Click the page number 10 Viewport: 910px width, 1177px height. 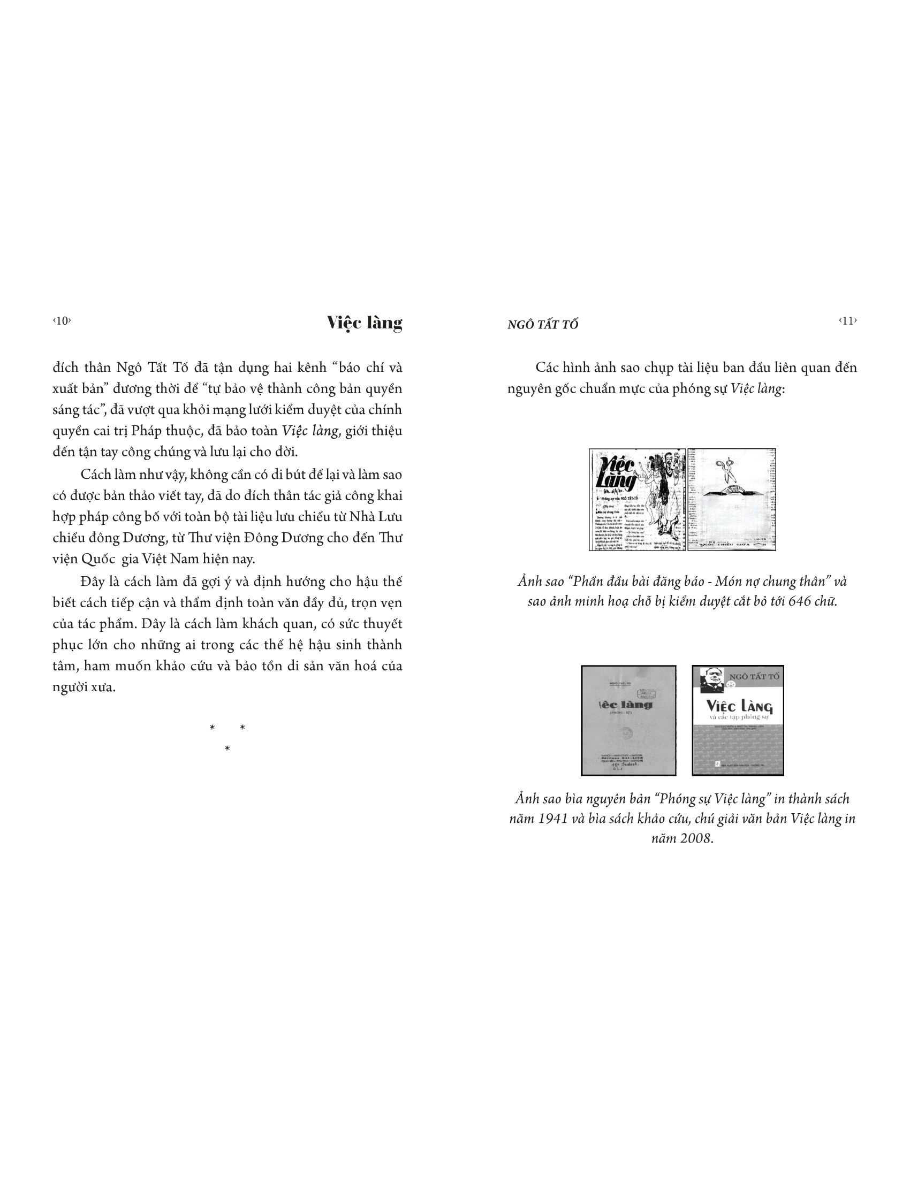62,321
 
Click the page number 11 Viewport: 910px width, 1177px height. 847,321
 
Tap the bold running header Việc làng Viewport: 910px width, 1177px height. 365,323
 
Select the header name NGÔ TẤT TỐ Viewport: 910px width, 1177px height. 543,324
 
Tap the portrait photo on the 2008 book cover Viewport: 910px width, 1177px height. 710,680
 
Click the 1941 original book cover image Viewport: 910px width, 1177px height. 628,721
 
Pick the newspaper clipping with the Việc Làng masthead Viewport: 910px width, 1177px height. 636,500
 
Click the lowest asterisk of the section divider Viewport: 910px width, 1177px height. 227,749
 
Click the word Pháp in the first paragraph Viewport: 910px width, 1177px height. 146,431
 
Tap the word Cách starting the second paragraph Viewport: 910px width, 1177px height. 94,475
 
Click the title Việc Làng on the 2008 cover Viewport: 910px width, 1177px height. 739,706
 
